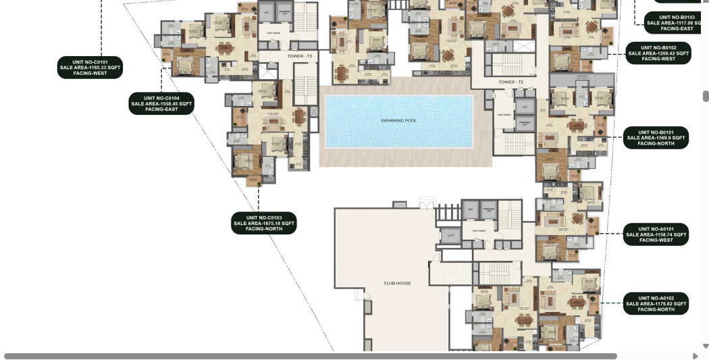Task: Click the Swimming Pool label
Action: click(398, 120)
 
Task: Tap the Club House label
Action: click(397, 283)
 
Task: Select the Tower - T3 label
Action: click(299, 56)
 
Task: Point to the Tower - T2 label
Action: click(511, 82)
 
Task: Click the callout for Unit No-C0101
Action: click(89, 68)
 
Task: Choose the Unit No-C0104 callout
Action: click(161, 103)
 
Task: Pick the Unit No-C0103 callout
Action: click(263, 223)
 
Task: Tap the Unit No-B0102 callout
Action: click(658, 53)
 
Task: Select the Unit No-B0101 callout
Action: click(656, 138)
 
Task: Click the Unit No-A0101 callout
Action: click(656, 234)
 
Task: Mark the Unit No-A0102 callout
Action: click(656, 303)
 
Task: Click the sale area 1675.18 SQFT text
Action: click(264, 224)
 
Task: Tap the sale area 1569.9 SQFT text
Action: click(656, 138)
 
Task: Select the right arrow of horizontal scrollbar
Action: click(695, 356)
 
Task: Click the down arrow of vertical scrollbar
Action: click(706, 346)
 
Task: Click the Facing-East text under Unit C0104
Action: click(161, 109)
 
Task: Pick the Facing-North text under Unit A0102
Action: click(656, 309)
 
